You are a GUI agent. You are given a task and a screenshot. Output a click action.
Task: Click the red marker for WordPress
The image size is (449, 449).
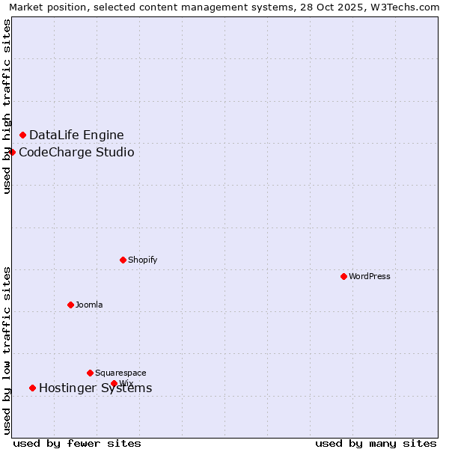point(343,276)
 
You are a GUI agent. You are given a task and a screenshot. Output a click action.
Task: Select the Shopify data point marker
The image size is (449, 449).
point(123,260)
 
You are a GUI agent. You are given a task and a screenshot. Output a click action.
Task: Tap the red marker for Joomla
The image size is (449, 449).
point(70,305)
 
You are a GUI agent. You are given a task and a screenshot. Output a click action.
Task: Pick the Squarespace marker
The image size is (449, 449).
point(90,373)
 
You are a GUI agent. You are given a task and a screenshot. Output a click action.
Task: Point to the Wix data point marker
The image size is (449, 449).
point(114,383)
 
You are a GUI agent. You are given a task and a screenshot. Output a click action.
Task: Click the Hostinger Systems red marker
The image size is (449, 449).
point(32,388)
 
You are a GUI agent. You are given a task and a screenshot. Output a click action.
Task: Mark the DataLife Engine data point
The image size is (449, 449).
point(22,135)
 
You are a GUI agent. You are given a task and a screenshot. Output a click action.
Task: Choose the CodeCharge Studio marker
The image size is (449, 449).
point(12,152)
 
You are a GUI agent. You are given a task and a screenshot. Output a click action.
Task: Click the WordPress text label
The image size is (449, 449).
point(370,276)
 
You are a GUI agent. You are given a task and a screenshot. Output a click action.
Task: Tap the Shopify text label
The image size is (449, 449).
point(142,260)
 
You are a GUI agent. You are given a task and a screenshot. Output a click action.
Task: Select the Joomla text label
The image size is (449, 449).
point(89,305)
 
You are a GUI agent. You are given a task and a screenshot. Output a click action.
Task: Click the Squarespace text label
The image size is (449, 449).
point(120,373)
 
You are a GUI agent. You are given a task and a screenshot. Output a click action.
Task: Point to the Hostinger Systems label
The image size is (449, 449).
point(95,388)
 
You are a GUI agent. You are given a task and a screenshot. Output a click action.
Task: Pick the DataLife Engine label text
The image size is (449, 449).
point(76,135)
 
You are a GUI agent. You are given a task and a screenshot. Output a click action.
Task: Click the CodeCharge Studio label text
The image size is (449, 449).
point(76,152)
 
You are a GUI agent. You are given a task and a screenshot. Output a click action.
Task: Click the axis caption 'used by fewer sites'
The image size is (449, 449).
point(77,443)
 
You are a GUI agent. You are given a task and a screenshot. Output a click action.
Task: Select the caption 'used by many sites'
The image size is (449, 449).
point(376,443)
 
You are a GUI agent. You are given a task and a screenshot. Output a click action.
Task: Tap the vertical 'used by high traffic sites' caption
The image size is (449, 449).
point(7,106)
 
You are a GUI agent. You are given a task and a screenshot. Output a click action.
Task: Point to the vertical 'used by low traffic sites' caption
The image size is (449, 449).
point(7,350)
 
